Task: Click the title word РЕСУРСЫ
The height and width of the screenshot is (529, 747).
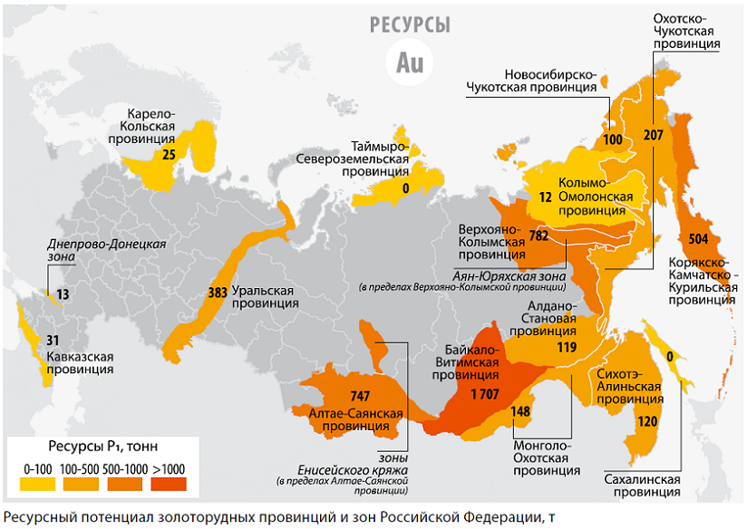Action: [x=410, y=25]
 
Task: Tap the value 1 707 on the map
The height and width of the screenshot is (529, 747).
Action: [x=486, y=394]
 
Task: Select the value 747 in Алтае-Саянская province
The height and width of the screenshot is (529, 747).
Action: [x=360, y=395]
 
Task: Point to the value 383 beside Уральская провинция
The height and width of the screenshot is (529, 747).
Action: [x=218, y=293]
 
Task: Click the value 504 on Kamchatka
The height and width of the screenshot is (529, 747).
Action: [x=700, y=239]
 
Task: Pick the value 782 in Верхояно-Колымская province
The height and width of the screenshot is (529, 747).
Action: [x=538, y=236]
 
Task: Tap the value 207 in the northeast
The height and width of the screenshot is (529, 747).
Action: [x=654, y=135]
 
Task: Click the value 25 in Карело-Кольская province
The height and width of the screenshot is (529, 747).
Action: [x=169, y=155]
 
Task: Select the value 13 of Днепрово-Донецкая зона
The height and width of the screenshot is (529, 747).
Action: [x=62, y=294]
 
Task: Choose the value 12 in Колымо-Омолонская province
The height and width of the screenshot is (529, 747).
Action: [x=545, y=197]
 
